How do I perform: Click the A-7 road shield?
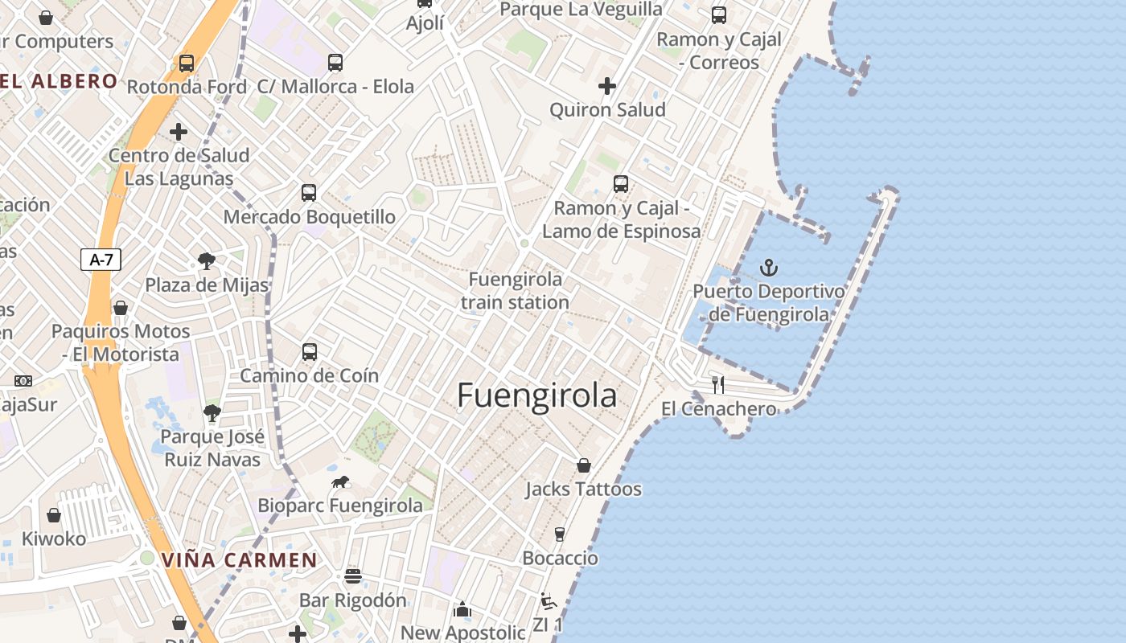(101, 260)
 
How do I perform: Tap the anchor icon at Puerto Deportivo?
(770, 267)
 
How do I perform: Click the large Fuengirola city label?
(536, 395)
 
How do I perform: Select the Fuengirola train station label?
(515, 291)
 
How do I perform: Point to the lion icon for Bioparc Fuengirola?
(340, 482)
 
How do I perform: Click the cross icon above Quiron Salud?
(607, 86)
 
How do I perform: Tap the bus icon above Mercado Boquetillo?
(309, 193)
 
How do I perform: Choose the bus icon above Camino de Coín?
(310, 352)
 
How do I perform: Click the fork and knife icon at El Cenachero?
(718, 385)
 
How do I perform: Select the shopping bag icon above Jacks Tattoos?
(584, 465)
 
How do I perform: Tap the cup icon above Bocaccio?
(560, 534)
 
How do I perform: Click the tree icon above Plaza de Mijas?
(207, 260)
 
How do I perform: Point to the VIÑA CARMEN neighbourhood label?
(240, 560)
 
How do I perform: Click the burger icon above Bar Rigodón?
(352, 576)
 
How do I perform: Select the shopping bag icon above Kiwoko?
(54, 515)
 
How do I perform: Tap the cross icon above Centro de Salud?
(179, 132)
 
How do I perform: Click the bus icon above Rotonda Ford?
(187, 63)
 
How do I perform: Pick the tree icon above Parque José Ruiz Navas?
(212, 413)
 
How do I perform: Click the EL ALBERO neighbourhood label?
(59, 81)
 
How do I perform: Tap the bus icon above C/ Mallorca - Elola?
(335, 63)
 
